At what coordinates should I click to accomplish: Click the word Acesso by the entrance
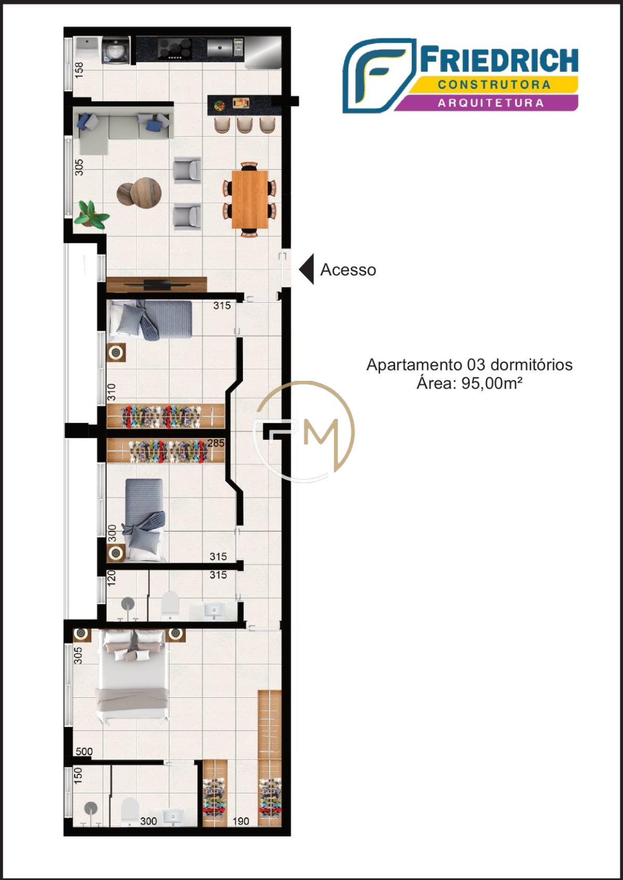[348, 270]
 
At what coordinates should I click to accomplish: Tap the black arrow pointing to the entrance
[307, 269]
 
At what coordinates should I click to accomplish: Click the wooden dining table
[250, 199]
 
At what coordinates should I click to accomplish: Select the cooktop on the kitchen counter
[175, 49]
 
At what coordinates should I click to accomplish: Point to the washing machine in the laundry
[116, 50]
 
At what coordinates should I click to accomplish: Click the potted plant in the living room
[92, 214]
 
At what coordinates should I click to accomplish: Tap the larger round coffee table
[146, 192]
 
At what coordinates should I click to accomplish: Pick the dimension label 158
[79, 70]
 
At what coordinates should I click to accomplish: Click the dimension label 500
[84, 751]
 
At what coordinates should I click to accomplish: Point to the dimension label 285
[216, 443]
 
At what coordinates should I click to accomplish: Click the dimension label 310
[112, 392]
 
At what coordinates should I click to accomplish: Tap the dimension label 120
[112, 578]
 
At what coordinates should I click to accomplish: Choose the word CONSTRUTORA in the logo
[494, 85]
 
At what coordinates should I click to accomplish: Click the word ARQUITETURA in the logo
[491, 103]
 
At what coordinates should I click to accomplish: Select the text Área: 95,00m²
[470, 382]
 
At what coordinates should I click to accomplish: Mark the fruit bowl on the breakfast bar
[219, 105]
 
